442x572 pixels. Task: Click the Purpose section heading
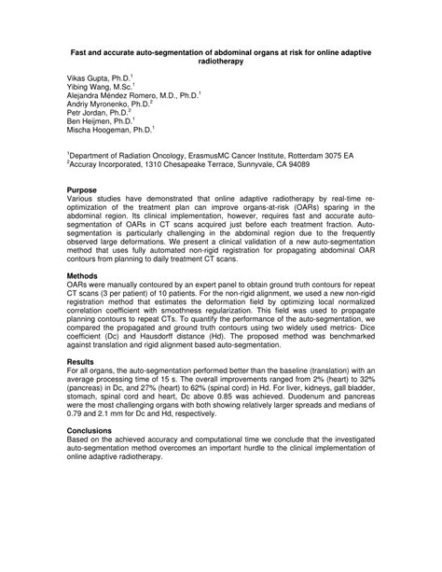(x=83, y=189)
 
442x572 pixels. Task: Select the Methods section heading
(x=83, y=276)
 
